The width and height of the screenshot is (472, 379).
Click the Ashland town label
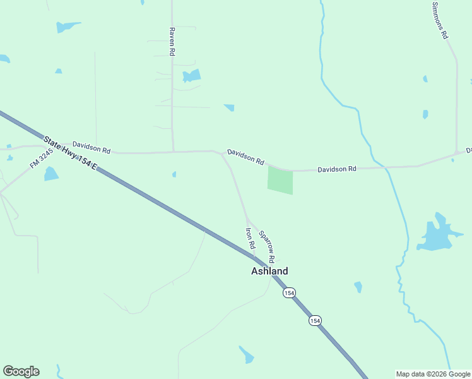(269, 271)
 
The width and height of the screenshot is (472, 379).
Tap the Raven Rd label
(171, 42)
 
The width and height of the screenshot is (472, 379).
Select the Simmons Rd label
(440, 20)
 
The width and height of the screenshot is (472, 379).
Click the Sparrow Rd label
(267, 246)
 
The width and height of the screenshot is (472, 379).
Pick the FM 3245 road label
(42, 159)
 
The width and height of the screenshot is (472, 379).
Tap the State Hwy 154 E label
(70, 152)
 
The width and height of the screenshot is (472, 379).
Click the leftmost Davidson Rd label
(91, 147)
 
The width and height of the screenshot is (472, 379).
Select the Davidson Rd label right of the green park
(337, 169)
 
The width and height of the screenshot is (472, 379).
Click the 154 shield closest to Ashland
(289, 292)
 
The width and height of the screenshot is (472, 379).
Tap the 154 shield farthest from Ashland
(315, 321)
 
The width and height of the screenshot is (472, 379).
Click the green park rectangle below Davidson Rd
(281, 180)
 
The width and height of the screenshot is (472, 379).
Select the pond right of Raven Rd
(191, 76)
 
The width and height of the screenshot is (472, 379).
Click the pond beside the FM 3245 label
(51, 174)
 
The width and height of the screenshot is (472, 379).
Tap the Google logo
(21, 371)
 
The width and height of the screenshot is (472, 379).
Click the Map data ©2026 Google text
(432, 374)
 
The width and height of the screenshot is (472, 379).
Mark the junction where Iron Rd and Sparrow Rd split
(247, 217)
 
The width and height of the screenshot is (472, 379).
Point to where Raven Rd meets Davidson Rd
(173, 152)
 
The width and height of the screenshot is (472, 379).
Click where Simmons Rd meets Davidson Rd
(457, 153)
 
